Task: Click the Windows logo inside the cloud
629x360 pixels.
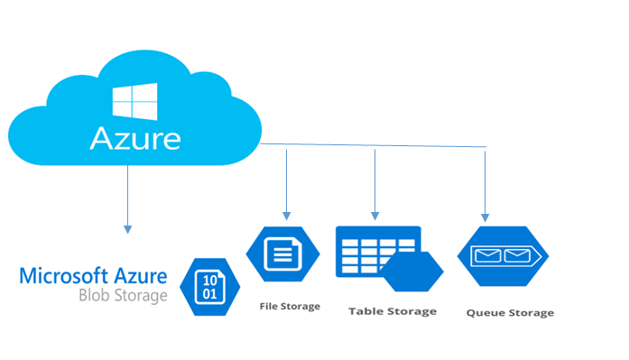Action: tap(134, 102)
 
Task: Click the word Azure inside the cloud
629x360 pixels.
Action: tap(134, 138)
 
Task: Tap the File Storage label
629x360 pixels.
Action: tap(289, 306)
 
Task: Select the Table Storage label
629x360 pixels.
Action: tap(392, 310)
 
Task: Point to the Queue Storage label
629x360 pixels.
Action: tap(510, 313)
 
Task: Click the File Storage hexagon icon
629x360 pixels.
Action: tap(282, 254)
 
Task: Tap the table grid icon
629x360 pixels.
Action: tap(375, 251)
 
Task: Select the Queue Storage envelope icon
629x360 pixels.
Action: tap(503, 256)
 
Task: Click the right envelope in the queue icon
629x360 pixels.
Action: tap(517, 256)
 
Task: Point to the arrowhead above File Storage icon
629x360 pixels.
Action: tap(286, 215)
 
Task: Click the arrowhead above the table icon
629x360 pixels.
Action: tap(375, 217)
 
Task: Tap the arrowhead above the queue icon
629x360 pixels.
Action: tap(486, 217)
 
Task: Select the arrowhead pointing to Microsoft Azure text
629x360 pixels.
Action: tap(128, 226)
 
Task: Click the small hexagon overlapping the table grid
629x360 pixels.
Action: tap(412, 272)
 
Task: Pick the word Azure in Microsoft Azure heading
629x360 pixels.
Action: tap(139, 275)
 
